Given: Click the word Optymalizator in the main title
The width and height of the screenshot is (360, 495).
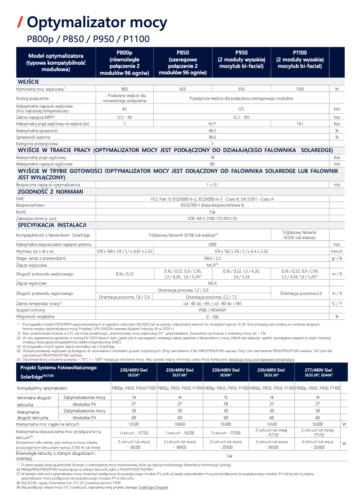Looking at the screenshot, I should (77, 22).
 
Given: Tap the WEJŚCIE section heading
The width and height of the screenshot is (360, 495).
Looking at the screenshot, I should (28, 81).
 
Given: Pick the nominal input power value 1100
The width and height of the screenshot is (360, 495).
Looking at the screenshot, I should (299, 89).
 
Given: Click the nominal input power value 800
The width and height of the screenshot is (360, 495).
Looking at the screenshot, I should (124, 89).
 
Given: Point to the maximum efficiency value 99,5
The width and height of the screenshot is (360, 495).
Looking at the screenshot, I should (212, 131).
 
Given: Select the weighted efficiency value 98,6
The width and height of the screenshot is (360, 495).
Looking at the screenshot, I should (212, 137).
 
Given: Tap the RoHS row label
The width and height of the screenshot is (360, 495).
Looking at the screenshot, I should (21, 211).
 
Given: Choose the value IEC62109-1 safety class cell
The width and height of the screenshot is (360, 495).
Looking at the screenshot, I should (212, 205).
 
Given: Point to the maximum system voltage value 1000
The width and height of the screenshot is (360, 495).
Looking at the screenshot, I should (212, 244).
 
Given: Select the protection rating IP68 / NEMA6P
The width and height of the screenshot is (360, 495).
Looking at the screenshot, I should (212, 310).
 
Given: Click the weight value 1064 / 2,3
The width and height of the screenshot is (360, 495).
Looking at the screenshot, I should (212, 258).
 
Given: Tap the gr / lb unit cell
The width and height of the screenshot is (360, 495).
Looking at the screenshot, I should (337, 258).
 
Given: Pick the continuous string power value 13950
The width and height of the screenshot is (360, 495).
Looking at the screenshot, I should (179, 424).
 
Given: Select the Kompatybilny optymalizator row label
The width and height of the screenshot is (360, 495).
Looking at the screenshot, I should (42, 388).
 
